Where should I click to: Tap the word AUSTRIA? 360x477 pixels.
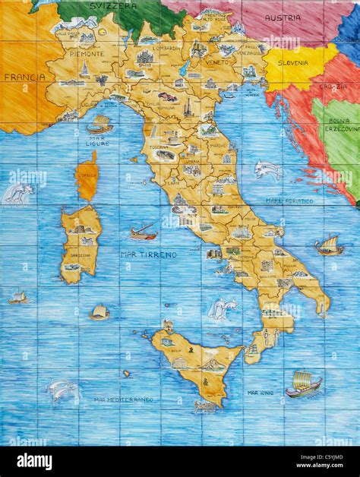(283, 17)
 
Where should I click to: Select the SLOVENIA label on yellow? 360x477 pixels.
(292, 63)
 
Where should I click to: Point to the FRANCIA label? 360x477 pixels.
(20, 77)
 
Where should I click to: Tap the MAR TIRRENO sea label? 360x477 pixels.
(149, 254)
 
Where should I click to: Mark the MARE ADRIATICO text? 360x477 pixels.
(289, 201)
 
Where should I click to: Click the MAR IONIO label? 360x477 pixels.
(261, 393)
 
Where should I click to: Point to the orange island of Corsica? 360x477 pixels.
(87, 177)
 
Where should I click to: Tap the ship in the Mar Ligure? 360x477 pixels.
(99, 124)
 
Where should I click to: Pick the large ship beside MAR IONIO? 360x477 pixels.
(303, 384)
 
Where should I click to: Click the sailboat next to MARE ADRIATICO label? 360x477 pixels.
(329, 246)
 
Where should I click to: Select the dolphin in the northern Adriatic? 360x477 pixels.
(267, 169)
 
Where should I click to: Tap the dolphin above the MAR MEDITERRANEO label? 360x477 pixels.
(65, 390)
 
